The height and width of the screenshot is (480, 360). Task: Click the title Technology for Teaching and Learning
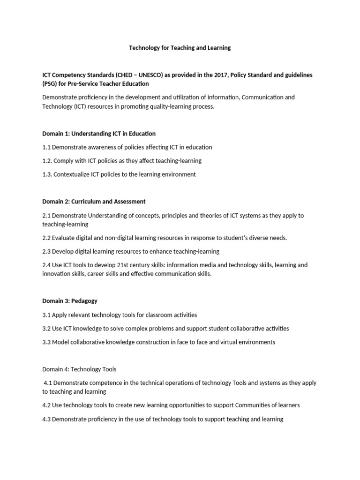coord(180,48)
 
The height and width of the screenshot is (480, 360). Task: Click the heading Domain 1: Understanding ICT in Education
coord(99,134)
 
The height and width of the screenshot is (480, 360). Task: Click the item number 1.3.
coord(47,174)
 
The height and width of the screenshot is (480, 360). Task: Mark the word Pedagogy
coord(84,301)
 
